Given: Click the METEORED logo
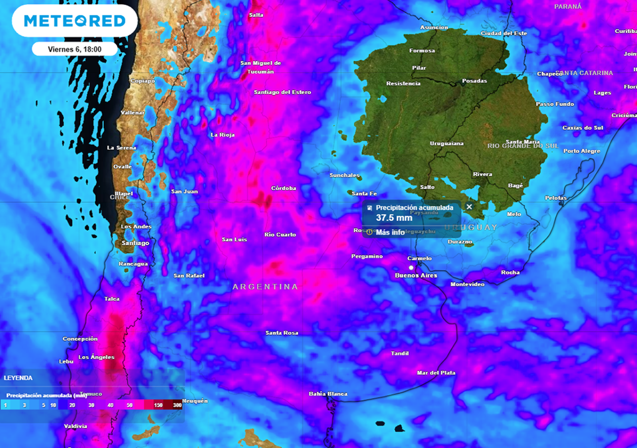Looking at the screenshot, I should click(x=75, y=21).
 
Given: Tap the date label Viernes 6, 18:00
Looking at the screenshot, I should click(x=75, y=49).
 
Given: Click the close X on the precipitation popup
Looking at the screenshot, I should click(x=469, y=207).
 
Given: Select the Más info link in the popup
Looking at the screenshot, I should click(x=389, y=232).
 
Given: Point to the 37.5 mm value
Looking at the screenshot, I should click(x=394, y=218).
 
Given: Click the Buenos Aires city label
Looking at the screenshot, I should click(x=417, y=275).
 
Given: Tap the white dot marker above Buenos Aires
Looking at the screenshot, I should click(x=411, y=267).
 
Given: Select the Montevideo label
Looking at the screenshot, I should click(x=467, y=284).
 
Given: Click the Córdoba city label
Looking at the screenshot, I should click(x=284, y=188).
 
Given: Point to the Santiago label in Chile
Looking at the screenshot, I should click(x=136, y=243).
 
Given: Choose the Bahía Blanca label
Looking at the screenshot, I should click(x=328, y=394).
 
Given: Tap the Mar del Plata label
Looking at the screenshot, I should click(x=436, y=373).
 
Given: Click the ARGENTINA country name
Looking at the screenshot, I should click(x=265, y=287).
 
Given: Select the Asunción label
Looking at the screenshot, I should click(x=434, y=27).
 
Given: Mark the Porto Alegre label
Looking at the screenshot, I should click(x=582, y=151).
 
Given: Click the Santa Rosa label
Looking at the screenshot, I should click(x=282, y=333).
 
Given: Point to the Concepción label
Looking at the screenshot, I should click(x=80, y=339).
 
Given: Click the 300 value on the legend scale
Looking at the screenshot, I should click(x=178, y=404).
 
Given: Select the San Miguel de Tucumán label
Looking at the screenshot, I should click(x=261, y=67).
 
